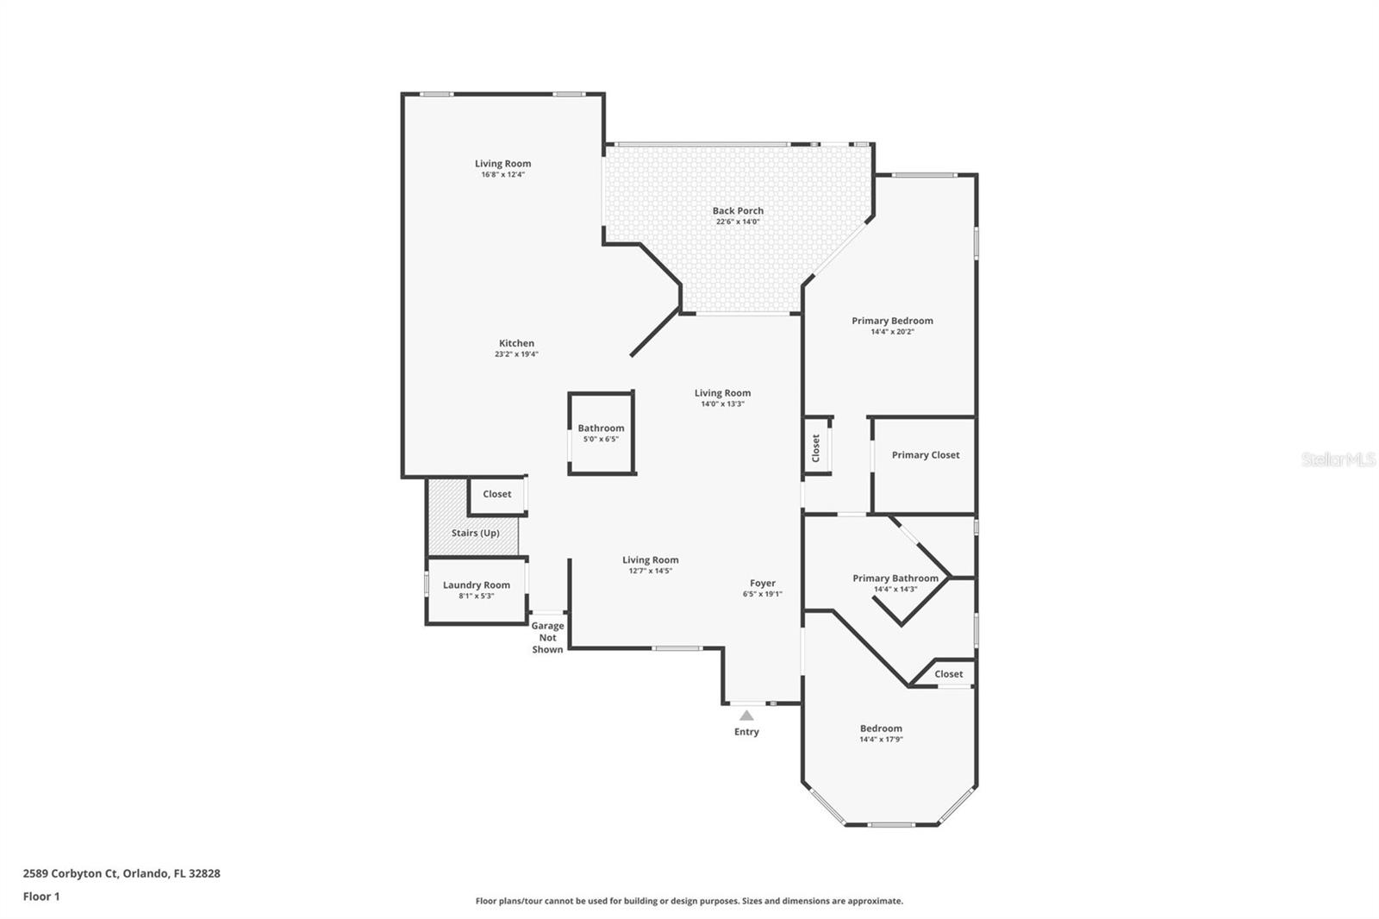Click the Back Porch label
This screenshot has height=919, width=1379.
(x=738, y=210)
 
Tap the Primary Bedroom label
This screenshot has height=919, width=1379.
(x=892, y=321)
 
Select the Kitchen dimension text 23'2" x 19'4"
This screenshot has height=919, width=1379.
(x=516, y=354)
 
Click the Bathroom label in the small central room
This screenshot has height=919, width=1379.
(x=601, y=428)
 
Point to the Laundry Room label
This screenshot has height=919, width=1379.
(x=477, y=585)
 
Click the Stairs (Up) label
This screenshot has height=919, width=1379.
(x=475, y=533)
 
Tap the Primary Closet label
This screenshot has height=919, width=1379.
(x=926, y=455)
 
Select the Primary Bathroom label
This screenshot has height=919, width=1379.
(x=895, y=578)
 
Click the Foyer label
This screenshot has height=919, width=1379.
(x=762, y=584)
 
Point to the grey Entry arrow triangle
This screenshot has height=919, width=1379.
(x=746, y=716)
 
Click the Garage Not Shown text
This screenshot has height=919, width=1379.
(x=547, y=637)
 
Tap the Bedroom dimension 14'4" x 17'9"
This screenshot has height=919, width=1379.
(x=881, y=739)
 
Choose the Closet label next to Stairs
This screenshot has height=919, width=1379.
(x=496, y=494)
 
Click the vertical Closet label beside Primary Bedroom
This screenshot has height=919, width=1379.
(x=815, y=447)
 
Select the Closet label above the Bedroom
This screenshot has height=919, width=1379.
(x=948, y=674)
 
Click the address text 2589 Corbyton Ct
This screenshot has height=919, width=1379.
(x=70, y=873)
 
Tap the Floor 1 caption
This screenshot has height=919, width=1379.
(x=41, y=897)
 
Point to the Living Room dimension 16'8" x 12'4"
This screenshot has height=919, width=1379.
(x=503, y=174)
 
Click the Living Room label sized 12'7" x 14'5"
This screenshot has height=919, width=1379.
(x=650, y=560)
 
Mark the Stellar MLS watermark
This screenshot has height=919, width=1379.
(x=1338, y=459)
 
